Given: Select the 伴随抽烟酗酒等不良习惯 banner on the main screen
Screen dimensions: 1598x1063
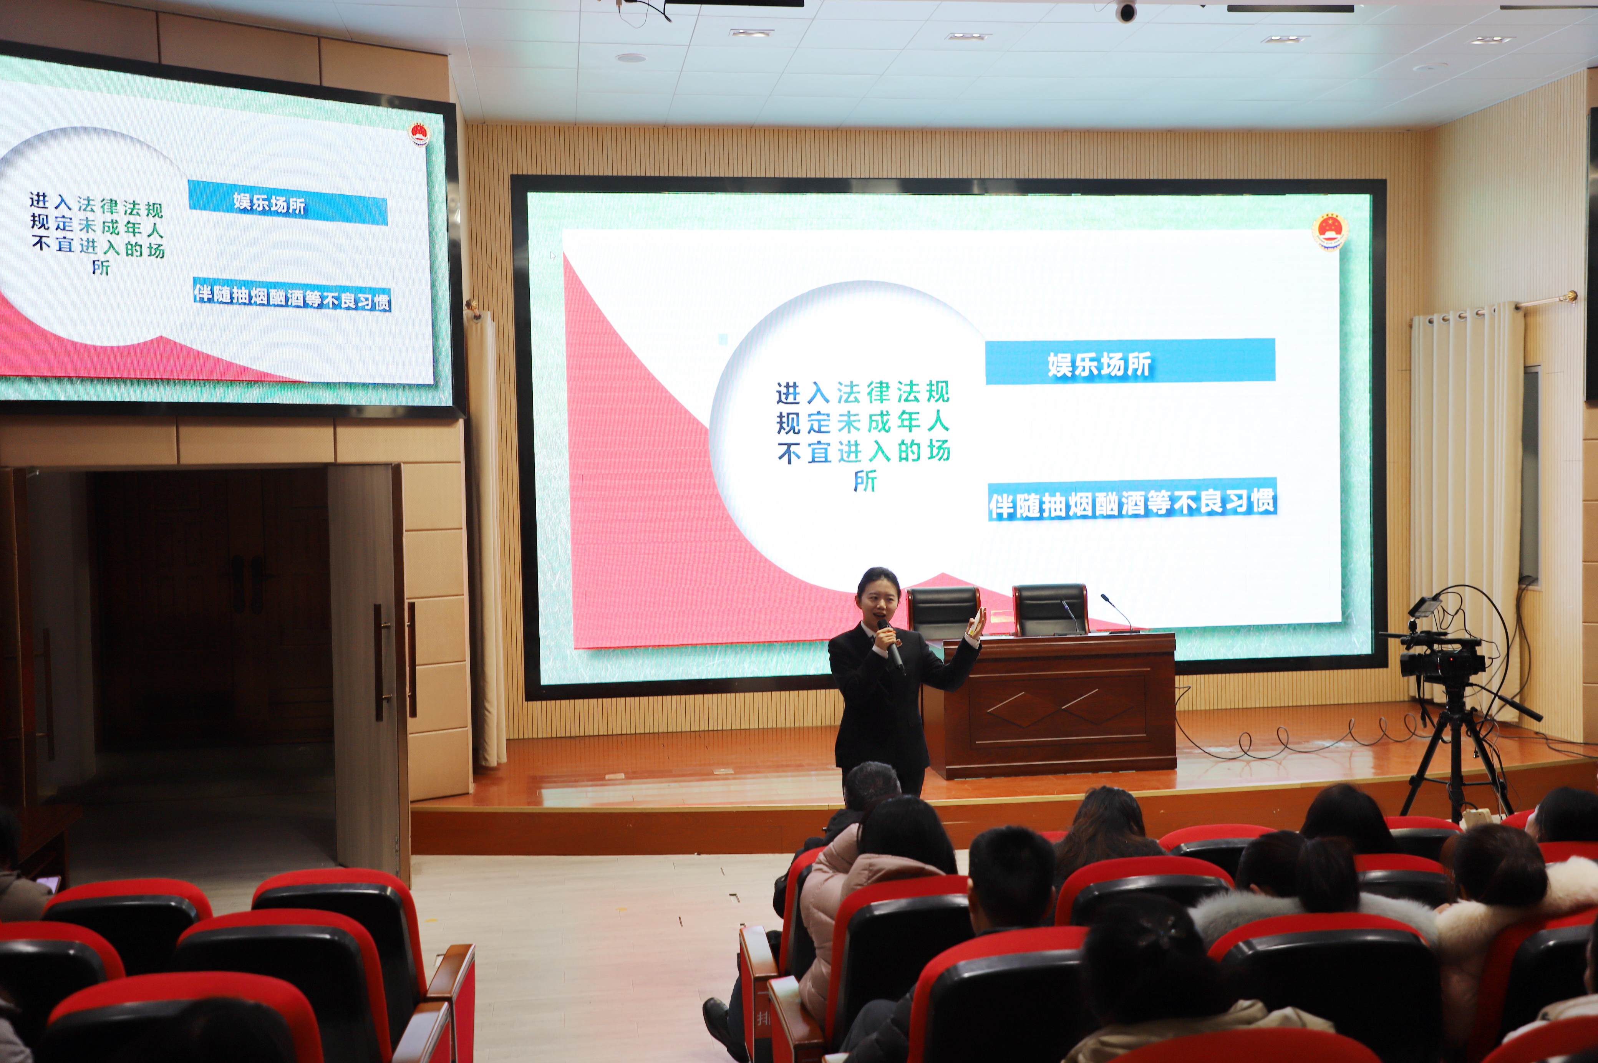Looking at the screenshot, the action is coord(1132,501).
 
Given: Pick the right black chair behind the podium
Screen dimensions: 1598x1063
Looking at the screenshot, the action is coord(1050,609).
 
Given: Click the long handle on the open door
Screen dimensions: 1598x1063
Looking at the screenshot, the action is coord(380,662).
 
